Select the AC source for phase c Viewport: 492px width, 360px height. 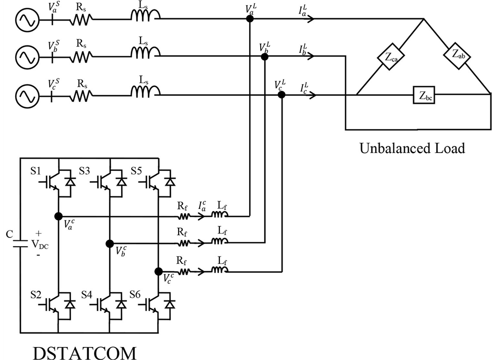tap(25, 96)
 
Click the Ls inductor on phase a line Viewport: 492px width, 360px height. tap(144, 18)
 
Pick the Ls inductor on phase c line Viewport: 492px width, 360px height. tap(144, 92)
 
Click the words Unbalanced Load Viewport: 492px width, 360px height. tap(412, 148)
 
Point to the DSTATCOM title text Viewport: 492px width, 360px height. tap(85, 352)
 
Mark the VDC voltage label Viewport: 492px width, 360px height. tap(39, 244)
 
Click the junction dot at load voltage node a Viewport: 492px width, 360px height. tap(250, 18)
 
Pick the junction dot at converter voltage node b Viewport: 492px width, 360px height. tap(110, 243)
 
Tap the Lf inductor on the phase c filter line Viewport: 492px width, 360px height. tap(219, 271)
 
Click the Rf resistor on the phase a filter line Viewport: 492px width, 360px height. tap(183, 215)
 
